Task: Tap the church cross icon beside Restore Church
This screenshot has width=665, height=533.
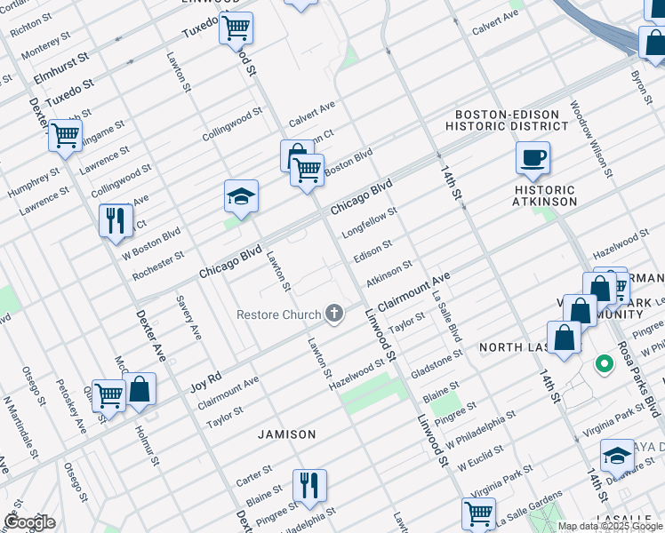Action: (334, 313)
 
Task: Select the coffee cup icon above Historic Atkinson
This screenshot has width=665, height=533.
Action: (533, 158)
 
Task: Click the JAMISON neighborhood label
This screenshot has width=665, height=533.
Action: (286, 434)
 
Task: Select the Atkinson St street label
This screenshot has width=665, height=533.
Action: (389, 270)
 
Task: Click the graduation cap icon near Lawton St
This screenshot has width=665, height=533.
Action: (241, 196)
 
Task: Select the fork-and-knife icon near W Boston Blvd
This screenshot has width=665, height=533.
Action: (116, 219)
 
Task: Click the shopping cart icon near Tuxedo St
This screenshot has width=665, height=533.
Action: (236, 28)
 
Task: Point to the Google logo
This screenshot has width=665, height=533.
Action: (29, 522)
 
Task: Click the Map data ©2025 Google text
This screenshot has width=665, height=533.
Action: (609, 526)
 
